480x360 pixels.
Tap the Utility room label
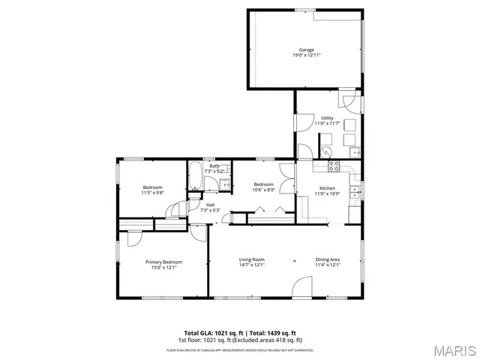tap(327, 118)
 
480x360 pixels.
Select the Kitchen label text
tap(327, 188)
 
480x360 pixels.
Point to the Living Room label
tap(252, 259)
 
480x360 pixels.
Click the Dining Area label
tap(328, 259)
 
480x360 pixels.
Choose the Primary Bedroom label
tap(163, 262)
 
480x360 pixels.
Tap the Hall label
tap(199, 205)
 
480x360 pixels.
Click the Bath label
tap(214, 166)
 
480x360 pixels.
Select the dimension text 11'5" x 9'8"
tap(152, 193)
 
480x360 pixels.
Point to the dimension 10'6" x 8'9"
tap(263, 190)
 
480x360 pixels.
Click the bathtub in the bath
tap(193, 175)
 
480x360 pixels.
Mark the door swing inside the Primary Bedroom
tap(136, 237)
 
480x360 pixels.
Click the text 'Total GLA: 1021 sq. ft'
tap(211, 333)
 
